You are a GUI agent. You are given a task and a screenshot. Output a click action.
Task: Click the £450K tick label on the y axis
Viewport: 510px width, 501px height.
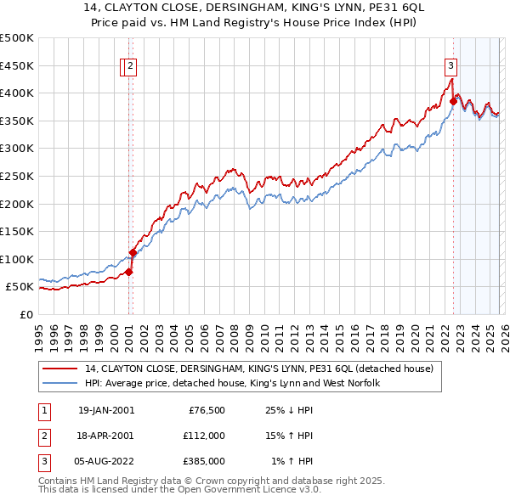(17, 65)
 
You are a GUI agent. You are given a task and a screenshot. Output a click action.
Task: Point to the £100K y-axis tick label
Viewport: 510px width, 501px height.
(17, 259)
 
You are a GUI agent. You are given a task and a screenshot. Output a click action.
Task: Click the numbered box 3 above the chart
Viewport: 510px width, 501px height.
(450, 65)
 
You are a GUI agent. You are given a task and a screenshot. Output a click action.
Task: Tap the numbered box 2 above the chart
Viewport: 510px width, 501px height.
(131, 65)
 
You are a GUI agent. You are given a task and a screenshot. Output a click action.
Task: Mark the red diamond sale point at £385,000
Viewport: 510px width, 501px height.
(453, 101)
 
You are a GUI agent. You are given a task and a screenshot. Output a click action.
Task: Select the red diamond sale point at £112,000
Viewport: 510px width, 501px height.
(133, 252)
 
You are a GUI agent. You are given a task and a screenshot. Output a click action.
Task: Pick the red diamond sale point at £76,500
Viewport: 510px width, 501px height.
(129, 272)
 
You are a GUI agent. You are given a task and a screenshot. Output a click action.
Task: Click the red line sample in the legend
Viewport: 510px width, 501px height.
(61, 369)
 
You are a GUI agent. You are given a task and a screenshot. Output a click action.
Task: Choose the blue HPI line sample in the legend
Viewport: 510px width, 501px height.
(61, 383)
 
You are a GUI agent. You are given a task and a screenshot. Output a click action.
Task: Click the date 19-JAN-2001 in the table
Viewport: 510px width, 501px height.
(105, 410)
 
